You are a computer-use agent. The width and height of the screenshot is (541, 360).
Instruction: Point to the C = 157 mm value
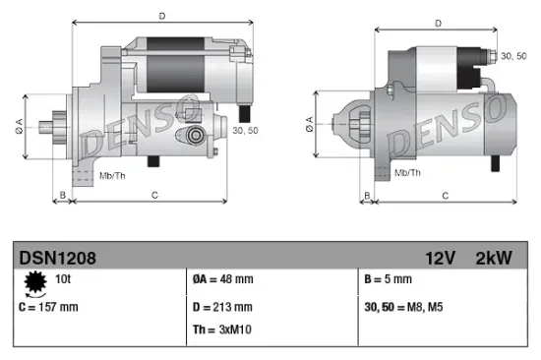48,307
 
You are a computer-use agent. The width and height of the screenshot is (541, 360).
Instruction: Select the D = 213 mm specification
224,307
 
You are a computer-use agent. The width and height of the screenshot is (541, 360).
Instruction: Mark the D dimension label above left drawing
162,15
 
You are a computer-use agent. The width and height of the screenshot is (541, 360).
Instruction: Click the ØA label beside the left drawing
17,125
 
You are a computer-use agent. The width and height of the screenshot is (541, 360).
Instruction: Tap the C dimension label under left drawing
154,196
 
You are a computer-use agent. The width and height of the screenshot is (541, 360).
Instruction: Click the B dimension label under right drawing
365,196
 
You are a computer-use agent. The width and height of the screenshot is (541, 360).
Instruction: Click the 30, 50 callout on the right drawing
514,57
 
